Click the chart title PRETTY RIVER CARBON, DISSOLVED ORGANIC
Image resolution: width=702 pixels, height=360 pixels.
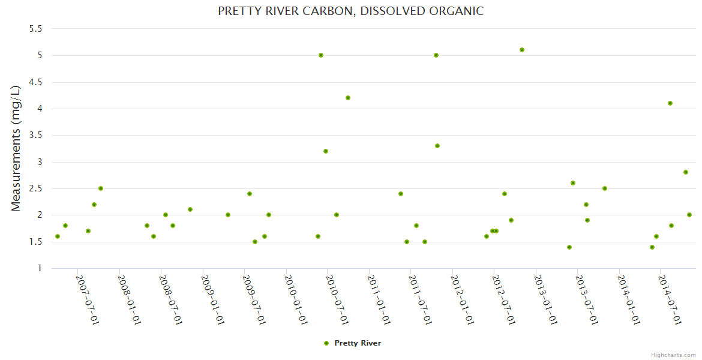click(350, 11)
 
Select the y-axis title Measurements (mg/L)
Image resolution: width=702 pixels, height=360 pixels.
click(16, 148)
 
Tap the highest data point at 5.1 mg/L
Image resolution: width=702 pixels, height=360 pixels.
click(522, 50)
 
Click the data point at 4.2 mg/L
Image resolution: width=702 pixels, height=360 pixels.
click(348, 98)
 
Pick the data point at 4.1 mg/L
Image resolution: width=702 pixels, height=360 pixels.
click(670, 103)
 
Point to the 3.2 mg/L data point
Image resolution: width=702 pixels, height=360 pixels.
click(326, 151)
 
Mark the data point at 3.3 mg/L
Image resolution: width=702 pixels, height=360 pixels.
click(437, 146)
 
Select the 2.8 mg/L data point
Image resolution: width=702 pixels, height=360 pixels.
click(686, 172)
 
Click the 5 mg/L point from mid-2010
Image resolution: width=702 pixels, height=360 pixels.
click(321, 55)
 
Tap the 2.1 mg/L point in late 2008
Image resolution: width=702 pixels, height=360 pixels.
click(190, 209)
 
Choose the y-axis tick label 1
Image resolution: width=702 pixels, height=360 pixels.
click(40, 268)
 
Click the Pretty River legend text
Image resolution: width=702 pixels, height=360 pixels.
click(358, 343)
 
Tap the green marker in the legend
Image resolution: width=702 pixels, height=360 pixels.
click(326, 343)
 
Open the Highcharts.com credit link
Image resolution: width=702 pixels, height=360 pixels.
click(673, 355)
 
